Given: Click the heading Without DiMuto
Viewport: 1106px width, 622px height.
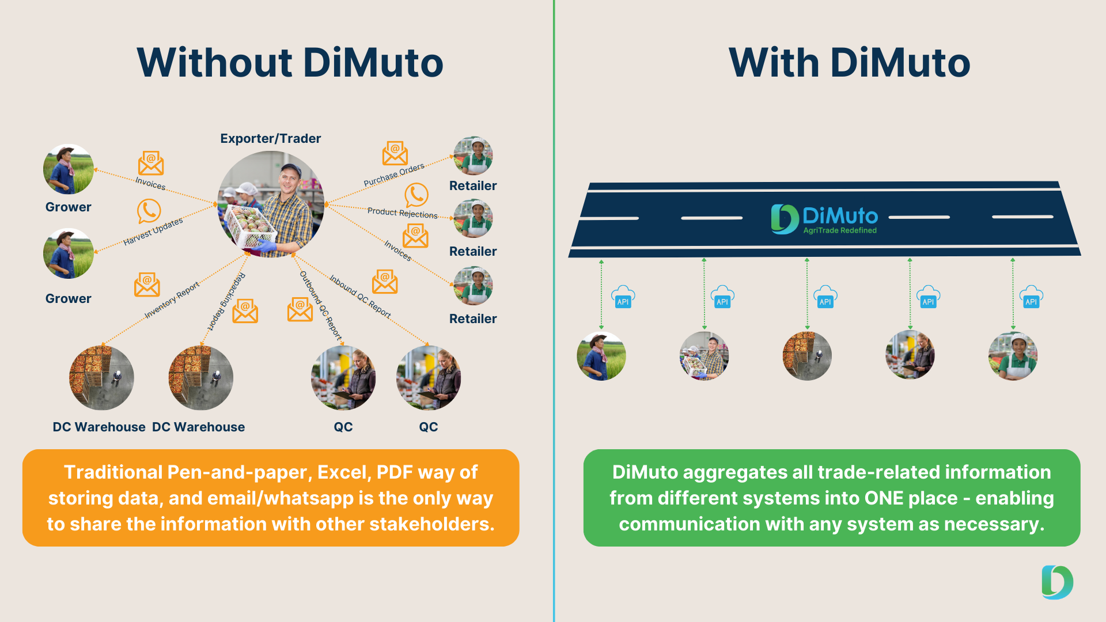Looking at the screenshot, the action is click(290, 63).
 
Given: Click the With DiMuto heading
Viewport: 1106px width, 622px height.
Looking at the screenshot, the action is click(849, 63).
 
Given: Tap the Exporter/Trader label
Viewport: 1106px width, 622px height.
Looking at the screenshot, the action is click(271, 139).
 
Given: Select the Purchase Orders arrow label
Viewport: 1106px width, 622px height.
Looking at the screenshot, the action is click(394, 175).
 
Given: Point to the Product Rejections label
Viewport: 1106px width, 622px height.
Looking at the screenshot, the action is click(403, 213).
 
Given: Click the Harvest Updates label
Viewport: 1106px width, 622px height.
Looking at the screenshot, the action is click(153, 231).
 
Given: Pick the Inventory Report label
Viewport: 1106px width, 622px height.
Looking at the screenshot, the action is click(172, 299).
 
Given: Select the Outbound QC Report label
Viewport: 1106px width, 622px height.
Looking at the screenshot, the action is click(321, 306).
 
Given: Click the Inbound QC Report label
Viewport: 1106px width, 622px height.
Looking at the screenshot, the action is click(360, 297).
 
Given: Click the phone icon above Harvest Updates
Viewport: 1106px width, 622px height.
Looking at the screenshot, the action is click(149, 211).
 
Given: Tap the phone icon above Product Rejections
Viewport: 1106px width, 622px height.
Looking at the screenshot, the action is click(416, 195).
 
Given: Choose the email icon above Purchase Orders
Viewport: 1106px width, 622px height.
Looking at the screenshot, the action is click(395, 153).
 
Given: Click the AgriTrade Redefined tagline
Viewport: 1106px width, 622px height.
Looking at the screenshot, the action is click(840, 230).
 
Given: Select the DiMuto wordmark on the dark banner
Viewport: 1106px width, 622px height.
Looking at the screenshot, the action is click(840, 216).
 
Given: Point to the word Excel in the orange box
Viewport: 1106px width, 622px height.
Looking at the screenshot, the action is click(344, 472).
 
